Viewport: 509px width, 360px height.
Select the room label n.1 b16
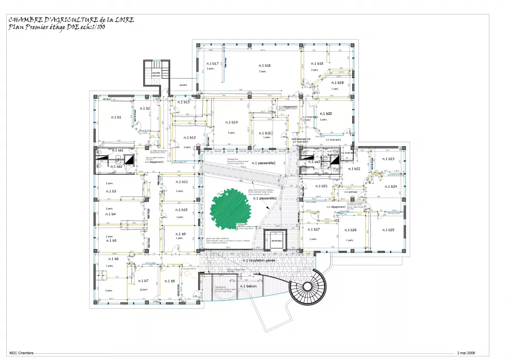click(x=264, y=66)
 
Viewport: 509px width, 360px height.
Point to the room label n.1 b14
click(x=231, y=123)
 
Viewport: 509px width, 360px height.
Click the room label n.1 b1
click(x=116, y=117)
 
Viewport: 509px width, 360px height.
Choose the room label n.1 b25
click(x=388, y=230)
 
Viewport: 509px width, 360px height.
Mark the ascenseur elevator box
click(x=276, y=241)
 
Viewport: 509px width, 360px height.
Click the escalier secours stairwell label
click(x=156, y=74)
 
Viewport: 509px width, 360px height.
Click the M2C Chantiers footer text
click(x=21, y=353)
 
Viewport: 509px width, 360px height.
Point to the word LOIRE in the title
click(x=123, y=20)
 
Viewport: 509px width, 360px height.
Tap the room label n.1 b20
click(x=325, y=113)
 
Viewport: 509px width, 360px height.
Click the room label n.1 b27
click(x=313, y=229)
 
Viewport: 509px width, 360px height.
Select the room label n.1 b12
click(x=189, y=138)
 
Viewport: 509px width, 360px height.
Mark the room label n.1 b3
click(x=111, y=191)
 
